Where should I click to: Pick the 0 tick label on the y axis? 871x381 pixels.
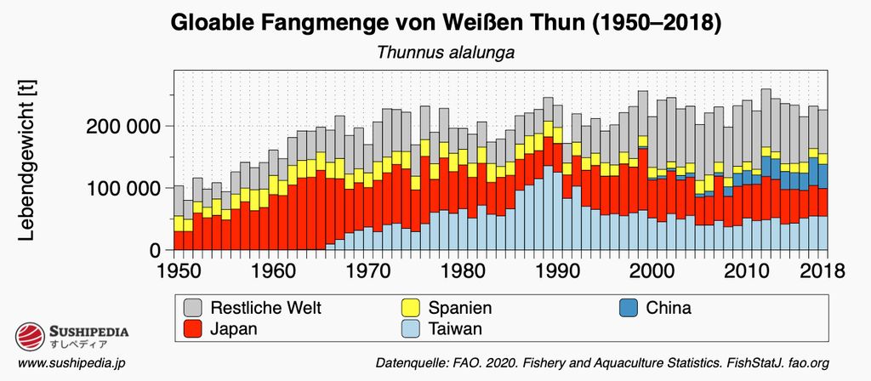pos(155,250)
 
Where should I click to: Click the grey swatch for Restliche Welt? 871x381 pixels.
pos(194,308)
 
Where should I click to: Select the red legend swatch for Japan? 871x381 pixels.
pos(194,328)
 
